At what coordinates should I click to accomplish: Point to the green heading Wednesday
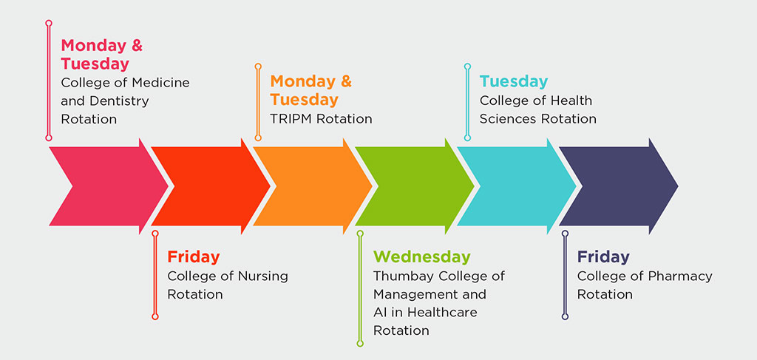tap(422, 257)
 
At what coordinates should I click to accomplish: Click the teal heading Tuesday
tap(514, 81)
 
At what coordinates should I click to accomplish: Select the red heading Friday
tap(194, 257)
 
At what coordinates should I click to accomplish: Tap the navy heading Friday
tap(603, 257)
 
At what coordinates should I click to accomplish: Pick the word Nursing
tap(263, 276)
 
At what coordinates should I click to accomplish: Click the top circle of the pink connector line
tap(48, 23)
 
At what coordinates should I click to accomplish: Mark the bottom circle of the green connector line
tap(360, 344)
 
